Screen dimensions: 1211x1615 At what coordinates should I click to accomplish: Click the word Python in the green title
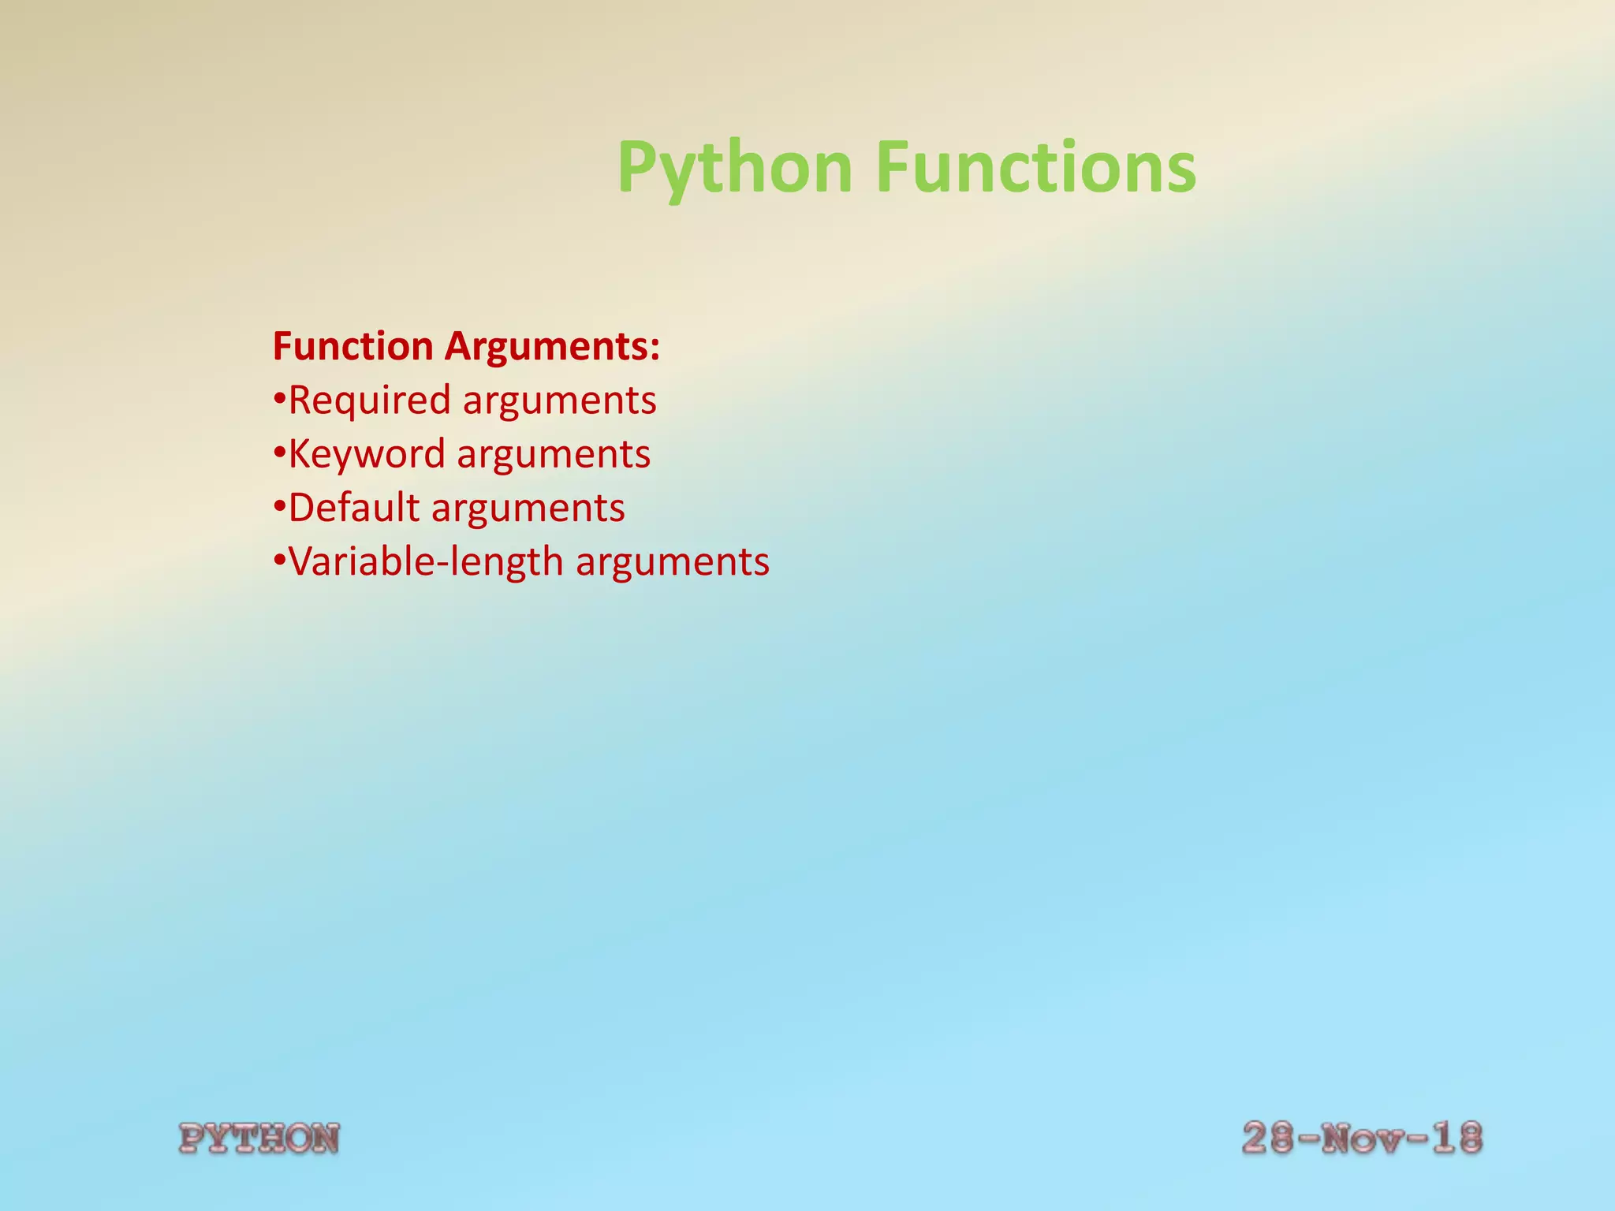pyautogui.click(x=734, y=167)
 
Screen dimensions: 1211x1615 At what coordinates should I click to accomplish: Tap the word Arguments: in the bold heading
pyautogui.click(x=552, y=347)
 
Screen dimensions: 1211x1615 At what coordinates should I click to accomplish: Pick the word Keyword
pyautogui.click(x=367, y=455)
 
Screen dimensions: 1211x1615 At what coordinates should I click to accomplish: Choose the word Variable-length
pyautogui.click(x=426, y=562)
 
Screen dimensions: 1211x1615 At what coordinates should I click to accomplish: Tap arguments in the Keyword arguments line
pyautogui.click(x=554, y=456)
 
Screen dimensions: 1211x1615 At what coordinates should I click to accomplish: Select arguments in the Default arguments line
pyautogui.click(x=528, y=509)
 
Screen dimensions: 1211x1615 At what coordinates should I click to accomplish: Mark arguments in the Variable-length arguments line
pyautogui.click(x=672, y=563)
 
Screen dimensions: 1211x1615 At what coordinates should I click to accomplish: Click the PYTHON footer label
pyautogui.click(x=259, y=1139)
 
